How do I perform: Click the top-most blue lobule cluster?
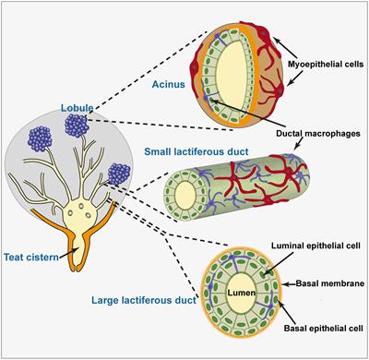pyautogui.click(x=76, y=123)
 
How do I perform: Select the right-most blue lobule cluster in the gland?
pyautogui.click(x=119, y=173)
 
